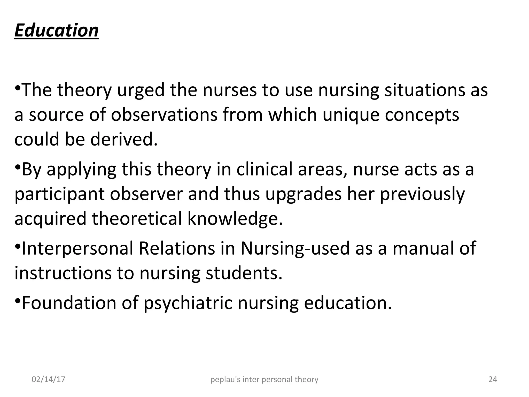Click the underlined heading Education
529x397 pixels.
[56, 30]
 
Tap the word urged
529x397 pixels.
[141, 90]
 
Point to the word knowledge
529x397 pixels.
[235, 218]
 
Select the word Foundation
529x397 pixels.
[69, 303]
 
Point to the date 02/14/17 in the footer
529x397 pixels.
[48, 379]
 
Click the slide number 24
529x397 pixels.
[493, 379]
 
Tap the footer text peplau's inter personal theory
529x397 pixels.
[264, 379]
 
